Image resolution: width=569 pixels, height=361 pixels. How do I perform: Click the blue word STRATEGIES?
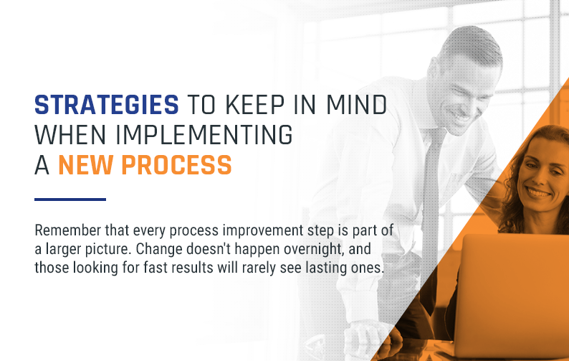pos(107,105)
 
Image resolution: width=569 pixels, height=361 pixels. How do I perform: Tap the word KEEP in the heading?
pos(254,105)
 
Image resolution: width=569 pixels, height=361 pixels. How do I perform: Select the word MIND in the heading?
pos(357,105)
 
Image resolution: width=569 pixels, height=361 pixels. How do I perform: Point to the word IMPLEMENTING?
pos(204,135)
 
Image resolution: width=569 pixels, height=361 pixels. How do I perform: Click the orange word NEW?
pos(86,165)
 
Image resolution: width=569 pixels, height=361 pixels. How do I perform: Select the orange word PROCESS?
pos(176,165)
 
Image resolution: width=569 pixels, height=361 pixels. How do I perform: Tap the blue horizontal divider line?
pos(70,200)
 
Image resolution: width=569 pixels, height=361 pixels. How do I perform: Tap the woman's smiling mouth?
pos(539,192)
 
